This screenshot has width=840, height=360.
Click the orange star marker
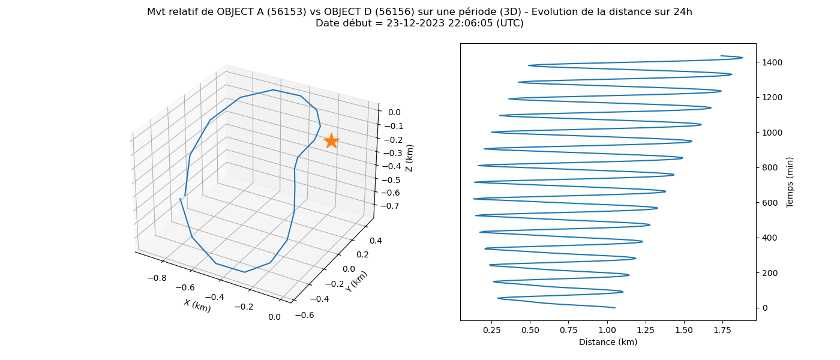[331, 141]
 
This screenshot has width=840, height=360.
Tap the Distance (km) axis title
[608, 342]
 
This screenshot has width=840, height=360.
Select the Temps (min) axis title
[790, 182]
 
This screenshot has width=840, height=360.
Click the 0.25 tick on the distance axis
[491, 330]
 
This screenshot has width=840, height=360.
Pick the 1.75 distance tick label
[722, 330]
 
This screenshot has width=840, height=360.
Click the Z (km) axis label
[409, 158]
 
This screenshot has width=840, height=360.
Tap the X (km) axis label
[197, 305]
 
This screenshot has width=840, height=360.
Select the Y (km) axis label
[356, 281]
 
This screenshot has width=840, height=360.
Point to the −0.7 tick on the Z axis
[390, 206]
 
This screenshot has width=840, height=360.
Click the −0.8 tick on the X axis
[157, 278]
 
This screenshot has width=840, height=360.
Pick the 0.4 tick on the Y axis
[376, 241]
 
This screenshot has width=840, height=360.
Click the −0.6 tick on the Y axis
[305, 315]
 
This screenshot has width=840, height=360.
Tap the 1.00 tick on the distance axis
[607, 330]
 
